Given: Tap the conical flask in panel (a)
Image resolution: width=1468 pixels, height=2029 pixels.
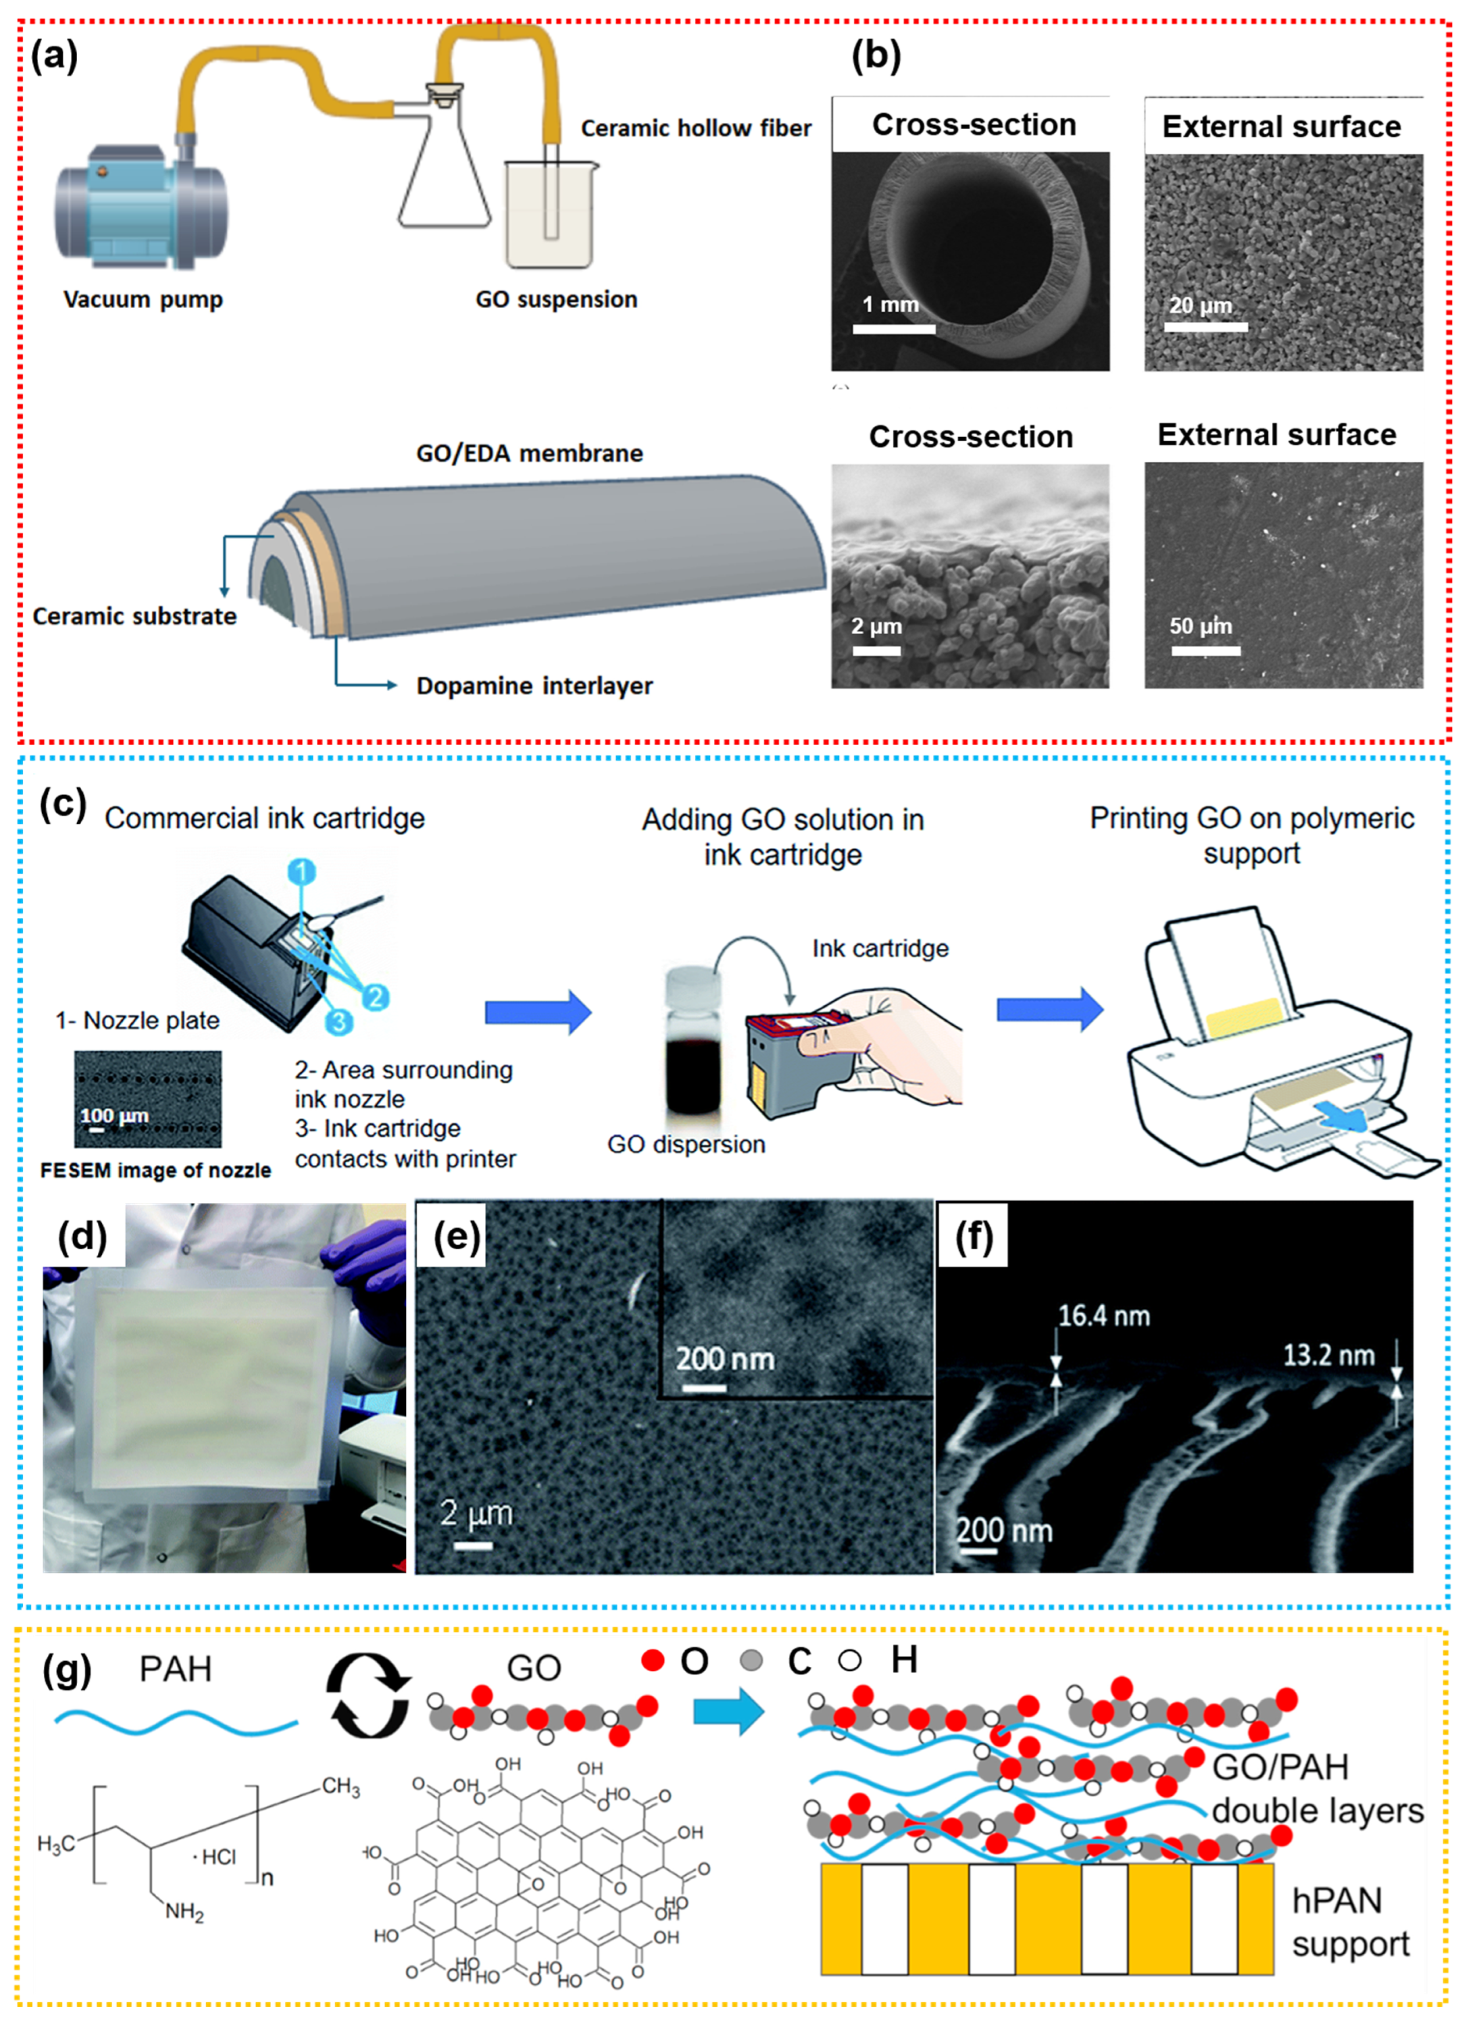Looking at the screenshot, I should pos(444,170).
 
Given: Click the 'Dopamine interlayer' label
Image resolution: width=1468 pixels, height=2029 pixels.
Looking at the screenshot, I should pos(534,686).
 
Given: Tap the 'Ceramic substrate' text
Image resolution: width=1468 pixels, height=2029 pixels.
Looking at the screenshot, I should pos(134,617).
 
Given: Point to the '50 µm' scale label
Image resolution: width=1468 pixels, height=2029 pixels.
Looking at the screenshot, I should pos(1201,626).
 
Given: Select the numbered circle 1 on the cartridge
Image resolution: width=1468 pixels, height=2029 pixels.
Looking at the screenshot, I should pos(302,870).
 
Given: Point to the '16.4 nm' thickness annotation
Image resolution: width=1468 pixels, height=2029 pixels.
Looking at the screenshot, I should pos(1104,1316).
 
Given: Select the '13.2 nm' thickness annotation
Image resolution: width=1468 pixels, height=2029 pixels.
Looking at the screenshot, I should pos(1329,1355).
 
